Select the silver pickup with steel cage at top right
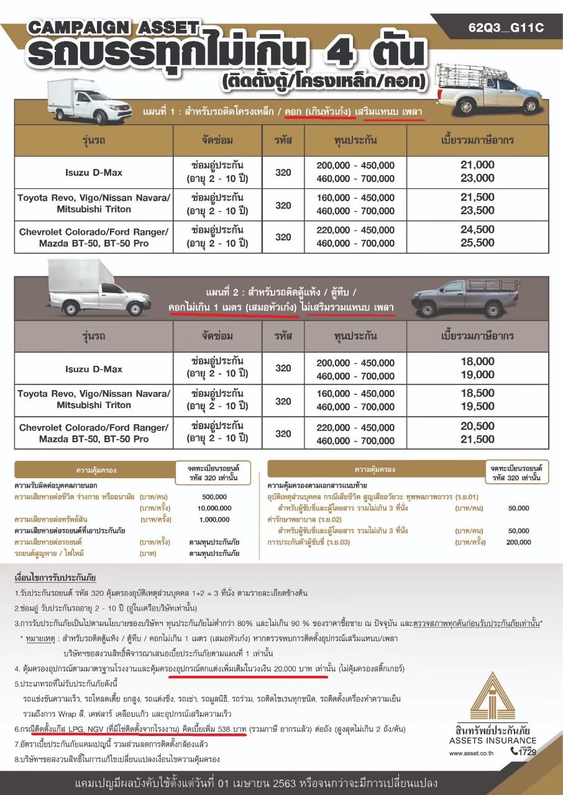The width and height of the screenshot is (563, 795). [487, 89]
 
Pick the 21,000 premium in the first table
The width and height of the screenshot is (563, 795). [477, 165]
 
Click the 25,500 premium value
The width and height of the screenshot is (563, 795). [477, 243]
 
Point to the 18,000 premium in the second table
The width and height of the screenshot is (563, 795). [477, 361]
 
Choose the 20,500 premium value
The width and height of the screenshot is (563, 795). [477, 427]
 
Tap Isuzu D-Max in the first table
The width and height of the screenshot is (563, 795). [94, 173]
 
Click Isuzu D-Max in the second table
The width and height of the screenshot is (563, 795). [94, 369]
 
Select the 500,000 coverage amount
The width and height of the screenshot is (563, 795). [215, 497]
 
